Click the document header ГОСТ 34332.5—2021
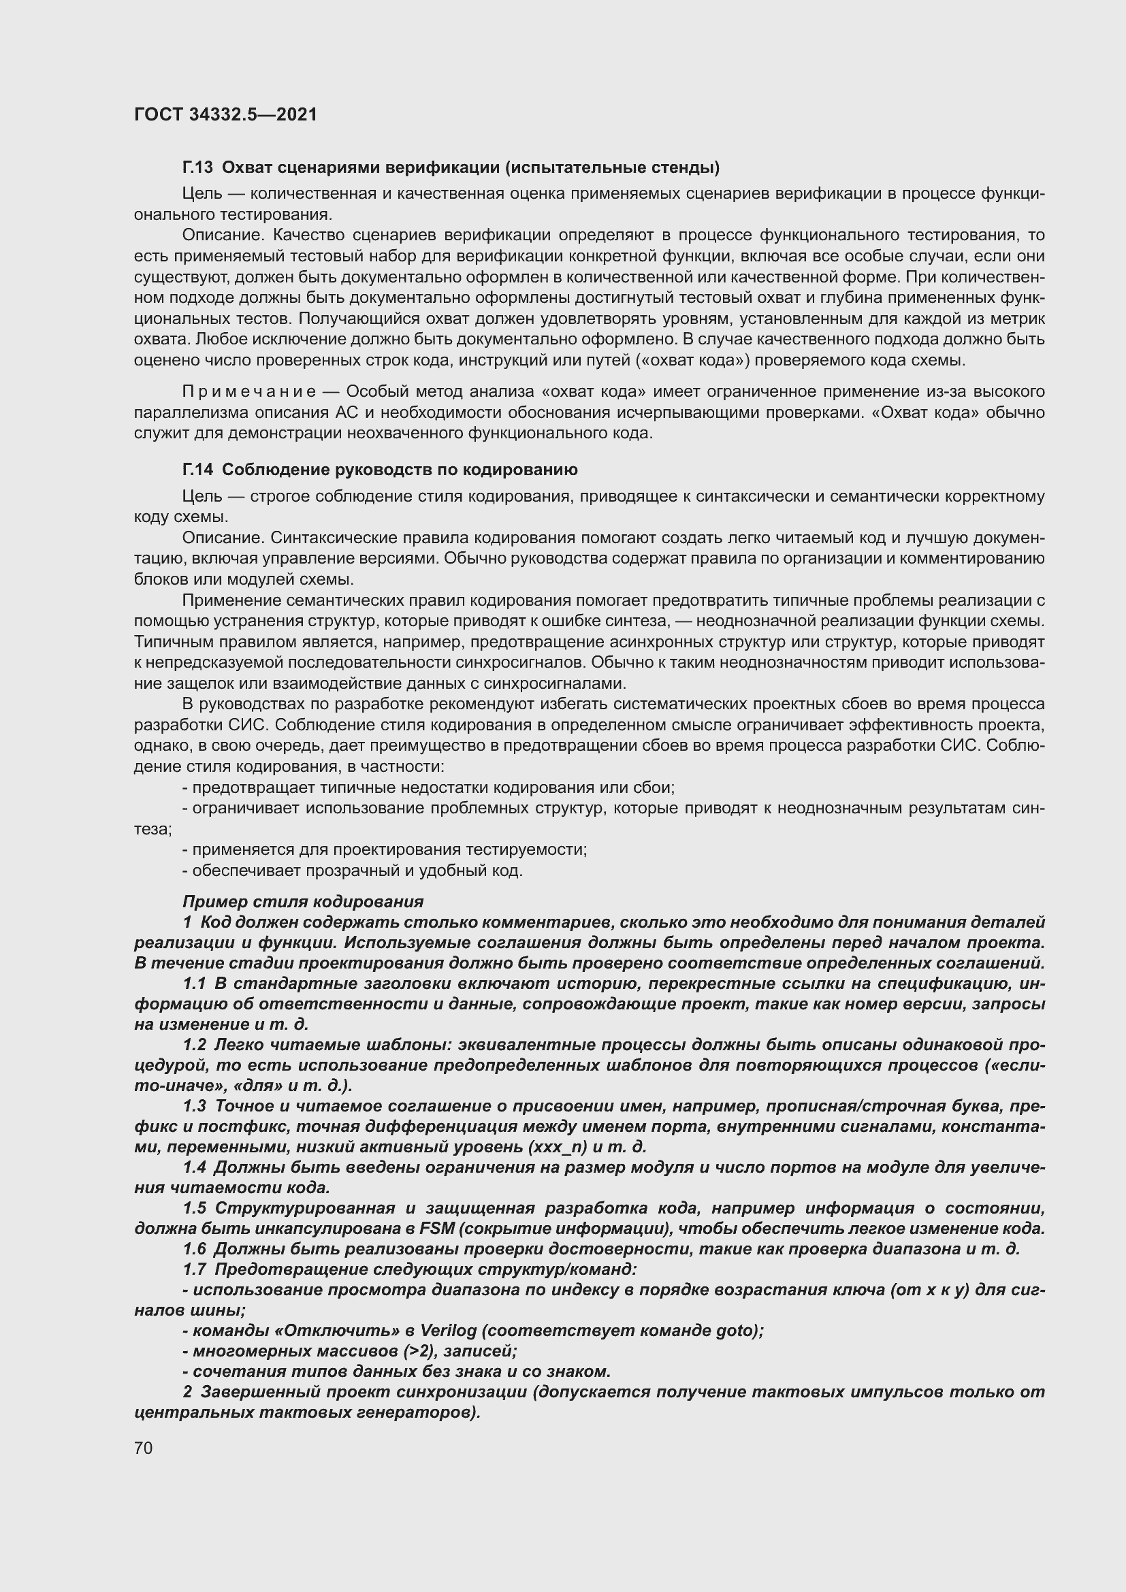pos(225,114)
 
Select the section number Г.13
pos(197,168)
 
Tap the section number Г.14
pos(197,470)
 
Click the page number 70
pos(144,1448)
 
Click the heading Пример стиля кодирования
pos(302,902)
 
